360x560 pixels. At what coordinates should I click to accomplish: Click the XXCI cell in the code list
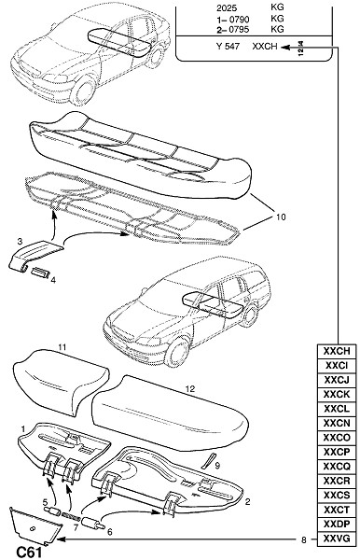[x=336, y=366]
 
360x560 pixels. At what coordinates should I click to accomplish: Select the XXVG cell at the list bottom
[x=336, y=539]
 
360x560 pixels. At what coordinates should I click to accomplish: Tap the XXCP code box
[x=336, y=452]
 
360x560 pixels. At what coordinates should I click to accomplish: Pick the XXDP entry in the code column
[x=336, y=525]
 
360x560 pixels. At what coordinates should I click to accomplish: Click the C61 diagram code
[x=29, y=553]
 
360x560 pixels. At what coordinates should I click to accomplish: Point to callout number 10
[x=281, y=217]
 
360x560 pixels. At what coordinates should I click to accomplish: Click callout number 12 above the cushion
[x=190, y=389]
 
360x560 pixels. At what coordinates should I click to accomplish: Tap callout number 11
[x=62, y=347]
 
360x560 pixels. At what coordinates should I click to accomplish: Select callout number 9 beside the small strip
[x=217, y=466]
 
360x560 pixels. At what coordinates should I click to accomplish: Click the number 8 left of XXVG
[x=304, y=539]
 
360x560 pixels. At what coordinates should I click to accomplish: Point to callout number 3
[x=20, y=242]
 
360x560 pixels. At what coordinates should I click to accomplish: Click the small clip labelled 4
[x=39, y=273]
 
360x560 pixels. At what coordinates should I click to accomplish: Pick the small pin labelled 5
[x=51, y=511]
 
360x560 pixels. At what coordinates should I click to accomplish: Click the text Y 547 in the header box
[x=228, y=47]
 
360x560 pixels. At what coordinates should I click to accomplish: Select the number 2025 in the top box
[x=227, y=7]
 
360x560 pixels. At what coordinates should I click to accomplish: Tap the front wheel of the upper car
[x=84, y=90]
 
